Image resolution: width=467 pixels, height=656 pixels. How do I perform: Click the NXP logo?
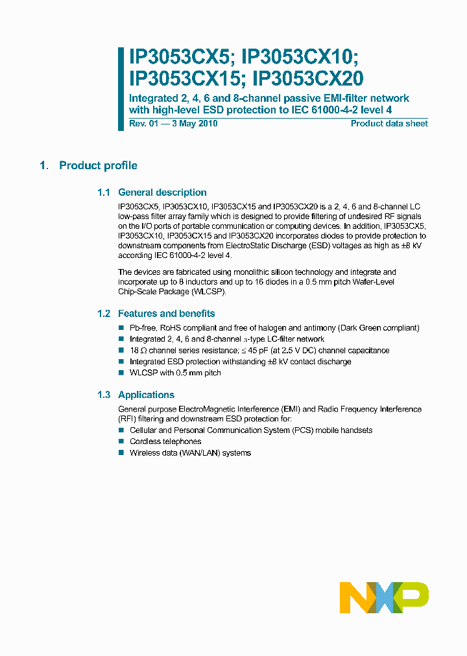tap(384, 597)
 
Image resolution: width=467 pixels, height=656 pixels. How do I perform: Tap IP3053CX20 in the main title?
tap(308, 79)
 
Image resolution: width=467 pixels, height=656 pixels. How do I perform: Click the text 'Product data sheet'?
tap(389, 124)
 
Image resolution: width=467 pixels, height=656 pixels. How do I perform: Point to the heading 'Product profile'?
tap(98, 166)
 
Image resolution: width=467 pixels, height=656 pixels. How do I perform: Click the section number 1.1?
tap(104, 193)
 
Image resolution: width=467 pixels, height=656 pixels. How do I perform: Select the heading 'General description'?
tap(162, 193)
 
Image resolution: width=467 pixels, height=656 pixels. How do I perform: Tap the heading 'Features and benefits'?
tap(166, 314)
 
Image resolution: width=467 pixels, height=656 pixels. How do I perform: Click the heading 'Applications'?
tap(146, 395)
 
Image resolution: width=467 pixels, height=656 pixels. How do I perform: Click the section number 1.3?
tap(104, 395)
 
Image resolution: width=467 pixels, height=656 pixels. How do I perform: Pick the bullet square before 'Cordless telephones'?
tap(121, 441)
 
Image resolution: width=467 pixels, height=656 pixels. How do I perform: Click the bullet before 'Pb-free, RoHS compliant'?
tap(121, 328)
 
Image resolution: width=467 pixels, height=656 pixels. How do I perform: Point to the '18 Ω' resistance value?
tap(138, 351)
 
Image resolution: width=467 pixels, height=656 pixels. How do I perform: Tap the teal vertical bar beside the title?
tap(121, 89)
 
